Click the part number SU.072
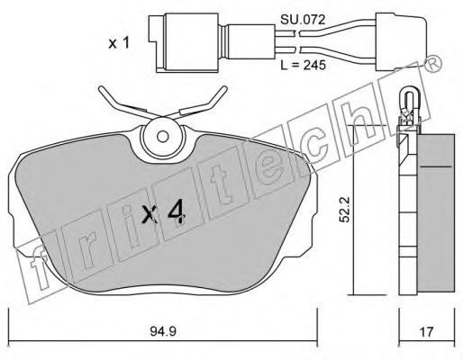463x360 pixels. tap(303, 20)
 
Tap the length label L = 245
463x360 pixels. tap(303, 65)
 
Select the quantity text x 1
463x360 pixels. tap(119, 43)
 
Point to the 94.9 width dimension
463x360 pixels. tap(162, 331)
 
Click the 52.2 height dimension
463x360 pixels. tap(345, 209)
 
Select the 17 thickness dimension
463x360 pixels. tap(426, 332)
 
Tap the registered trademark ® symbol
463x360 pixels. tap(432, 65)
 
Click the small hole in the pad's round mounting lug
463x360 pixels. tap(163, 137)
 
